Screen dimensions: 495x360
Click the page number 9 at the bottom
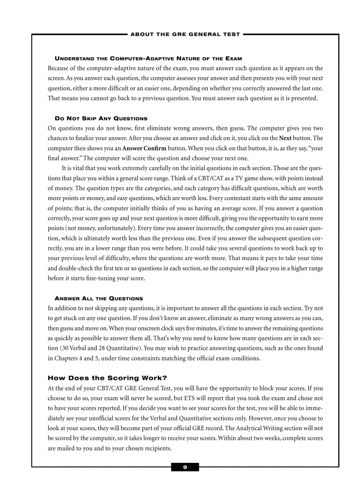[185, 467]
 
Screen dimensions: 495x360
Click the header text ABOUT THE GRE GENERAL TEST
[185, 34]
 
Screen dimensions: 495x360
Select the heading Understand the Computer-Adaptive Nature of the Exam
[148, 59]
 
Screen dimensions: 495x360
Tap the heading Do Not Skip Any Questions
[101, 119]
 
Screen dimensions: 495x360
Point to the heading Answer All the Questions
[99, 298]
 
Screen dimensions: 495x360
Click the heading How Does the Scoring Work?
[107, 378]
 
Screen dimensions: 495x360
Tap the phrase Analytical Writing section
[270, 428]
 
